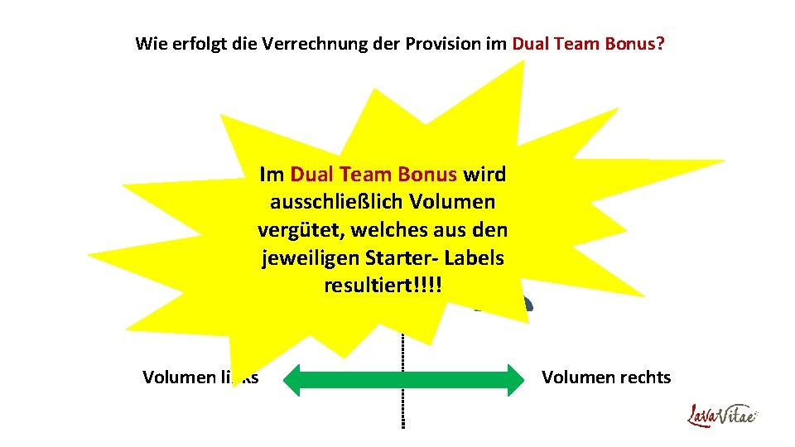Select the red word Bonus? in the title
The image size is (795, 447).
pos(634,43)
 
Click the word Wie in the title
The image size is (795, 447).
pos(150,43)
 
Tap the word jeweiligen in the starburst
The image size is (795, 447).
pos(310,258)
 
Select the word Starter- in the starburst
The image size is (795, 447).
pos(401,258)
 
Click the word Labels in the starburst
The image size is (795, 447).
pos(475,258)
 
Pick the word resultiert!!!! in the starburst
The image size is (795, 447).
pos(383,286)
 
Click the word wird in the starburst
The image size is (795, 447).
pos(484,174)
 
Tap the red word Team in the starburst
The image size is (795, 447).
pos(363,174)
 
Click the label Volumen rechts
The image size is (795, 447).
pos(606,377)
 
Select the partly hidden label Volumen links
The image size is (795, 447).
pos(200,377)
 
